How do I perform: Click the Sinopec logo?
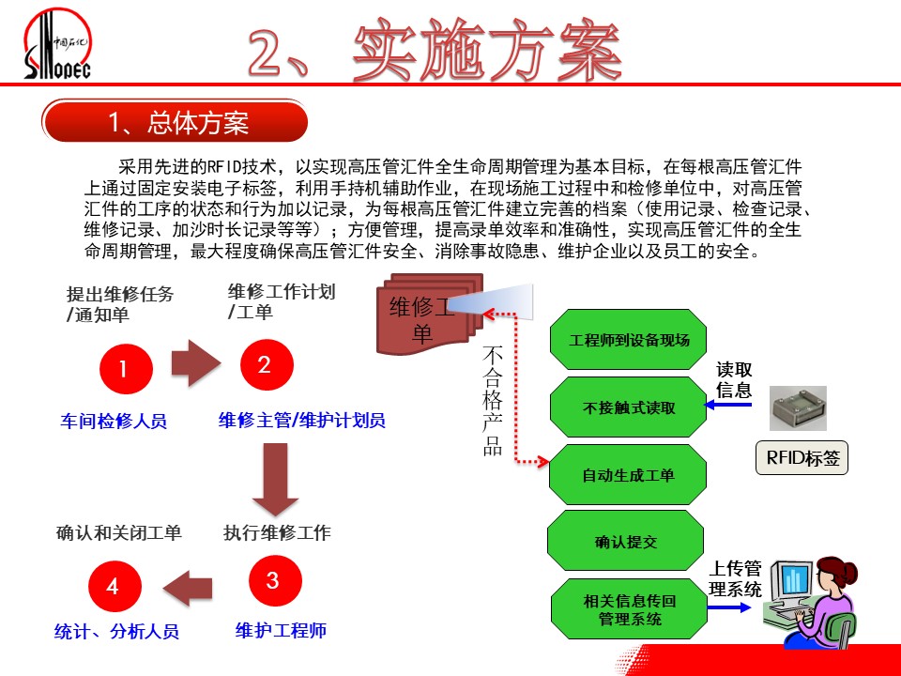57,44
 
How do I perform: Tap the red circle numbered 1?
126,368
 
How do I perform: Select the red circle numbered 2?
267,364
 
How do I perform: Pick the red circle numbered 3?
275,580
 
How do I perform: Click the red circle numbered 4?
115,586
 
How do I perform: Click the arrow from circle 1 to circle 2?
196,362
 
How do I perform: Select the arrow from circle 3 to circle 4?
188,588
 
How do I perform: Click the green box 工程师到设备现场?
628,340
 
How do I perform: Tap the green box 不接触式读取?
628,407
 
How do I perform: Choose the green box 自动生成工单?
628,475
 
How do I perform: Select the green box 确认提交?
626,541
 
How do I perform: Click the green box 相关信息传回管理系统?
629,609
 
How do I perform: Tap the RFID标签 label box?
802,457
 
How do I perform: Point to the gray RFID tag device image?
798,408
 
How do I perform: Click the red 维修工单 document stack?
429,314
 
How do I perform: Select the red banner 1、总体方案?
176,121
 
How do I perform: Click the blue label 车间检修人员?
114,421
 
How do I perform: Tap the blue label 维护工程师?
281,631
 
